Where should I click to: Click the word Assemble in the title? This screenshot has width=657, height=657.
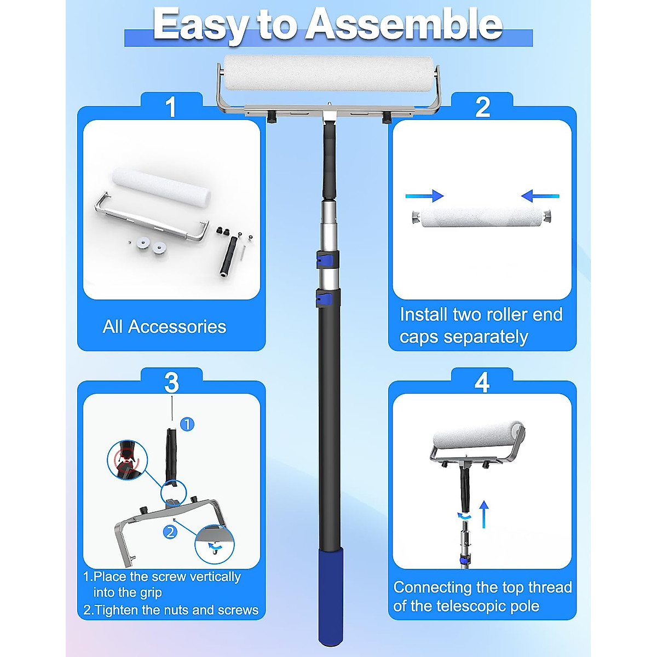[404, 25]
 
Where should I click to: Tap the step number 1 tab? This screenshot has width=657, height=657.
[171, 106]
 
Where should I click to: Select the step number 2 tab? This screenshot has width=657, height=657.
[482, 106]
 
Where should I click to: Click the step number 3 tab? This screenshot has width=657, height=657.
[171, 382]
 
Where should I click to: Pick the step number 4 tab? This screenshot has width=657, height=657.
[482, 382]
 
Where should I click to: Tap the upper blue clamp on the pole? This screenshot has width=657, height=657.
[327, 260]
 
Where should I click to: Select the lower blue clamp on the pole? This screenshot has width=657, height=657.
[327, 298]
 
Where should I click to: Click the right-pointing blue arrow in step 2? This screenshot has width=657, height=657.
[425, 196]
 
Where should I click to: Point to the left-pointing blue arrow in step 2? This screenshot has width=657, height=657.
[540, 196]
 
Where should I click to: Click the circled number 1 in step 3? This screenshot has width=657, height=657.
[187, 424]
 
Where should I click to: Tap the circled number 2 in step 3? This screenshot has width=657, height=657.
[170, 531]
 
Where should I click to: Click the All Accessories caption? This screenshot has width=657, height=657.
[164, 327]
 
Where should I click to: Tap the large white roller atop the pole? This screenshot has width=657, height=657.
[328, 73]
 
